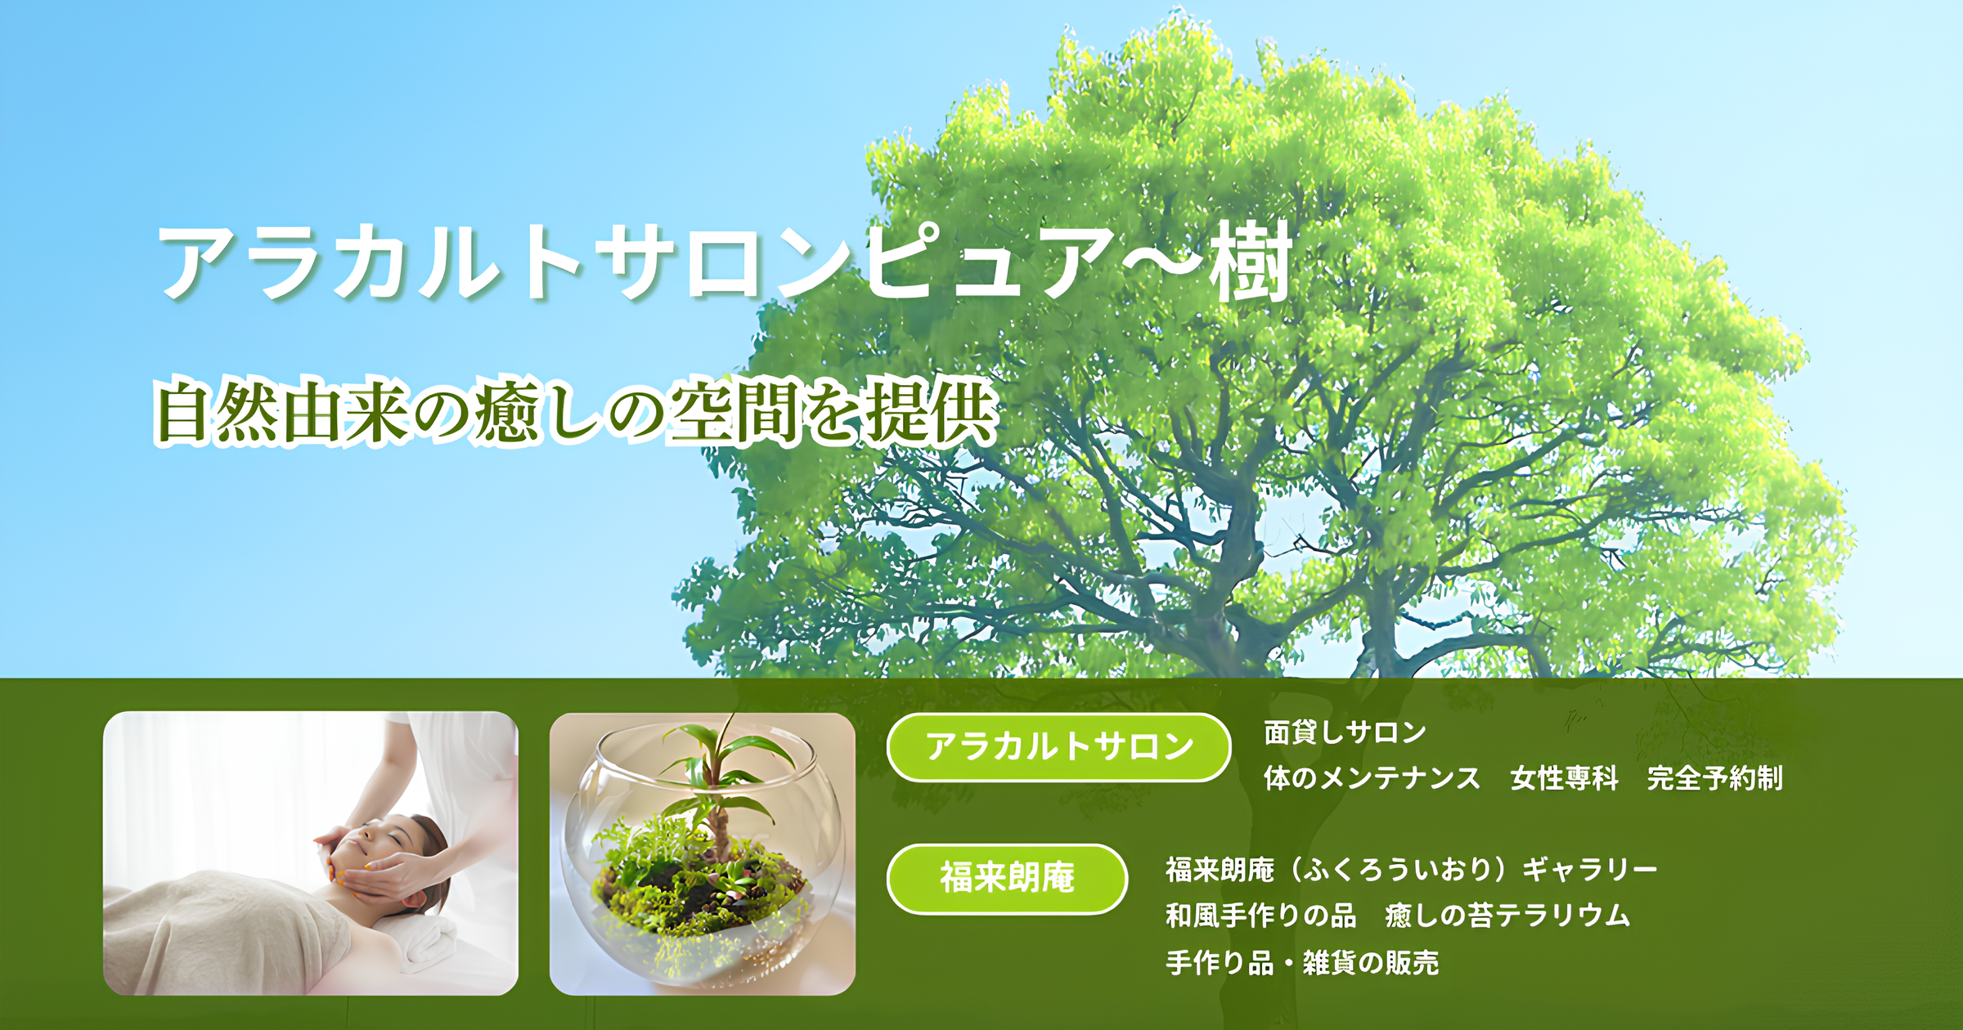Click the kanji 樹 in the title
(x=1251, y=262)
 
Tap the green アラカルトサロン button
(x=1058, y=747)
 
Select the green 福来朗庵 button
(x=1007, y=879)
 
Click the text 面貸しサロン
(x=1345, y=732)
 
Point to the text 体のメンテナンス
(x=1372, y=778)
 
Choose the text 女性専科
(x=1564, y=778)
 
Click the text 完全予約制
(x=1714, y=778)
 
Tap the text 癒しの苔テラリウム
(x=1507, y=916)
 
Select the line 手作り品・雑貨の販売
(x=1302, y=963)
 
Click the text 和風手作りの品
(x=1260, y=916)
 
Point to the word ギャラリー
(x=1589, y=870)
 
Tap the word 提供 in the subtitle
(x=932, y=411)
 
